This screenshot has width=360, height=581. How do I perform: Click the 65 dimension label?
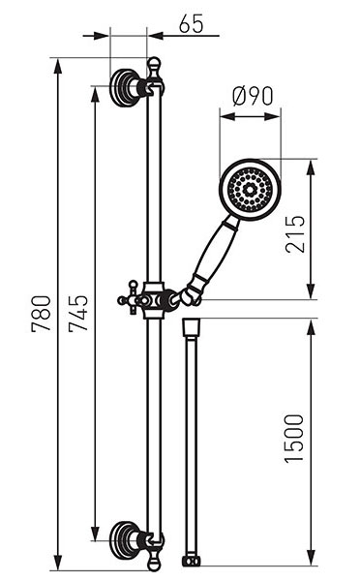click(191, 24)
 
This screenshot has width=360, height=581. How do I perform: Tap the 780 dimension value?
click(41, 314)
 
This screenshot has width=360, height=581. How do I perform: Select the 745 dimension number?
click(78, 314)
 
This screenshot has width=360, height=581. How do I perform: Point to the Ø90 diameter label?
click(253, 96)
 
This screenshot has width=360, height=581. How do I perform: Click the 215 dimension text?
click(295, 233)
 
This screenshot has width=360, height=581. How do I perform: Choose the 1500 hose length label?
click(294, 439)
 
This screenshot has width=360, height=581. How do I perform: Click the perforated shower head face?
click(251, 191)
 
